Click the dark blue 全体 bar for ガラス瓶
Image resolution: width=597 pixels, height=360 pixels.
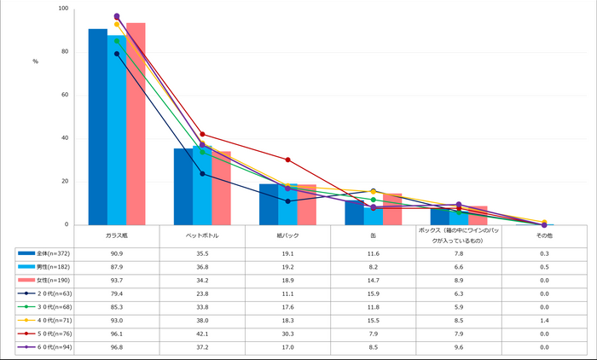[x=98, y=128]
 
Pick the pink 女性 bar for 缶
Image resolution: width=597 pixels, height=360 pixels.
[x=392, y=209]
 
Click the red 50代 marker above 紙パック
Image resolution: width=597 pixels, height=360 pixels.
[x=288, y=160]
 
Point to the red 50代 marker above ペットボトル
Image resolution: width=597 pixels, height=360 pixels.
[x=202, y=134]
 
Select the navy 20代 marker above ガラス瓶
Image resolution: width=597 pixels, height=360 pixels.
[x=117, y=54]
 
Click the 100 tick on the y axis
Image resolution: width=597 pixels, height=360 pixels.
[x=63, y=9]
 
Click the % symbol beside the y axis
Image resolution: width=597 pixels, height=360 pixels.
[x=35, y=61]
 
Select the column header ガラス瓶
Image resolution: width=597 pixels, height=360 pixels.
[x=117, y=234]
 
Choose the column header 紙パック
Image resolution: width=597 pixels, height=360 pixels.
[x=288, y=234]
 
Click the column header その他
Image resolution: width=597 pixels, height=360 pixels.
[x=544, y=234]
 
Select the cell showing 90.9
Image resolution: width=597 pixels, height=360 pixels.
[x=117, y=253]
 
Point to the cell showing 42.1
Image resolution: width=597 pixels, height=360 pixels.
[x=202, y=334]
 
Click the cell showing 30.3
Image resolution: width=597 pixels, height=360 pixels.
[x=288, y=334]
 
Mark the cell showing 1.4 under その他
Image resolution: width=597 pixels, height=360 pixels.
[x=544, y=320]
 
